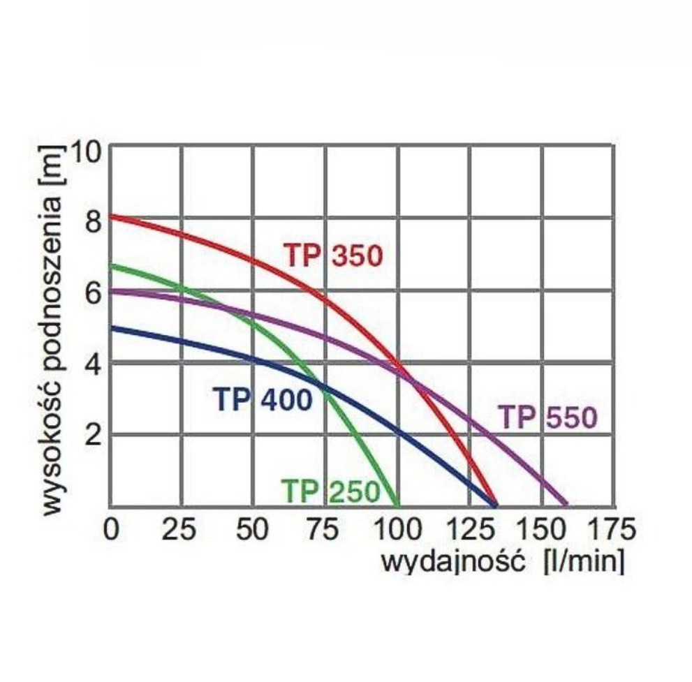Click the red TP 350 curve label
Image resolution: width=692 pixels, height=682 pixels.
(x=333, y=255)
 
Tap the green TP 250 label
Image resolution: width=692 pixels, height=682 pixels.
(x=330, y=491)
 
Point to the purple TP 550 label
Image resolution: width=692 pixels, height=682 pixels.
(x=548, y=418)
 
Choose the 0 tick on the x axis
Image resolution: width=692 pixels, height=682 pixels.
(x=112, y=530)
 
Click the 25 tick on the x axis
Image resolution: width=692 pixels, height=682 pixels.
(x=181, y=530)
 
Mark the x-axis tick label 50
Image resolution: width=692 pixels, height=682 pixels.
(x=253, y=530)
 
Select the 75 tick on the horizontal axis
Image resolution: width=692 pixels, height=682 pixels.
(x=325, y=530)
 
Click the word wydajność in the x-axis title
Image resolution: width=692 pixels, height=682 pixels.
(x=452, y=561)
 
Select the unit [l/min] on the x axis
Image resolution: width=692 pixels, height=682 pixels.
(x=583, y=561)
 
